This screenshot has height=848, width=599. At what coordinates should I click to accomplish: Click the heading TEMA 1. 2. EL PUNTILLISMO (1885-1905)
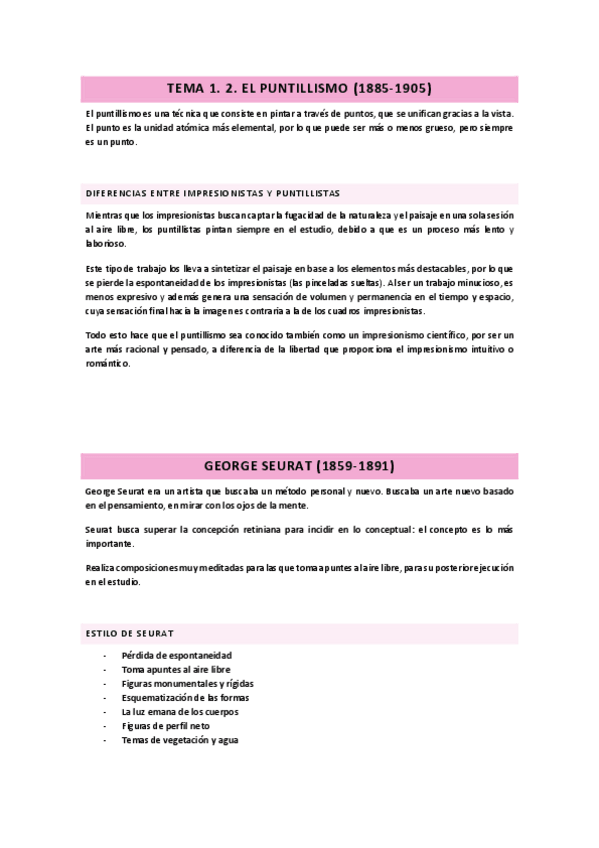[299, 89]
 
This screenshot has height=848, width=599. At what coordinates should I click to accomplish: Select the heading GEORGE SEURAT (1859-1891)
[299, 465]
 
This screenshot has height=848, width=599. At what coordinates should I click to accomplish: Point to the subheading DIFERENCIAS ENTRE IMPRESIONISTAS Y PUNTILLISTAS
[213, 191]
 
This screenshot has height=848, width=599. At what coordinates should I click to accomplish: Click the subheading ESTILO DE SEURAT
[129, 633]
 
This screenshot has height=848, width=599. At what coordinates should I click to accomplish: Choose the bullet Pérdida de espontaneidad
[172, 655]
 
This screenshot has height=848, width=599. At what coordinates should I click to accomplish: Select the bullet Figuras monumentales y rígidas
[186, 683]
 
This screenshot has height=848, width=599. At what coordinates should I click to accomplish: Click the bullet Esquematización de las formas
[185, 697]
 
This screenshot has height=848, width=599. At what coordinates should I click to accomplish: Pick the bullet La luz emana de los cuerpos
[179, 711]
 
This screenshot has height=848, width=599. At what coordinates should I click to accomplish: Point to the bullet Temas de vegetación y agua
[180, 740]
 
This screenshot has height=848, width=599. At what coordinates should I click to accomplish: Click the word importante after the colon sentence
[109, 543]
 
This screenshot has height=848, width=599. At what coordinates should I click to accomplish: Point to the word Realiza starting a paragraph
[100, 567]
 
